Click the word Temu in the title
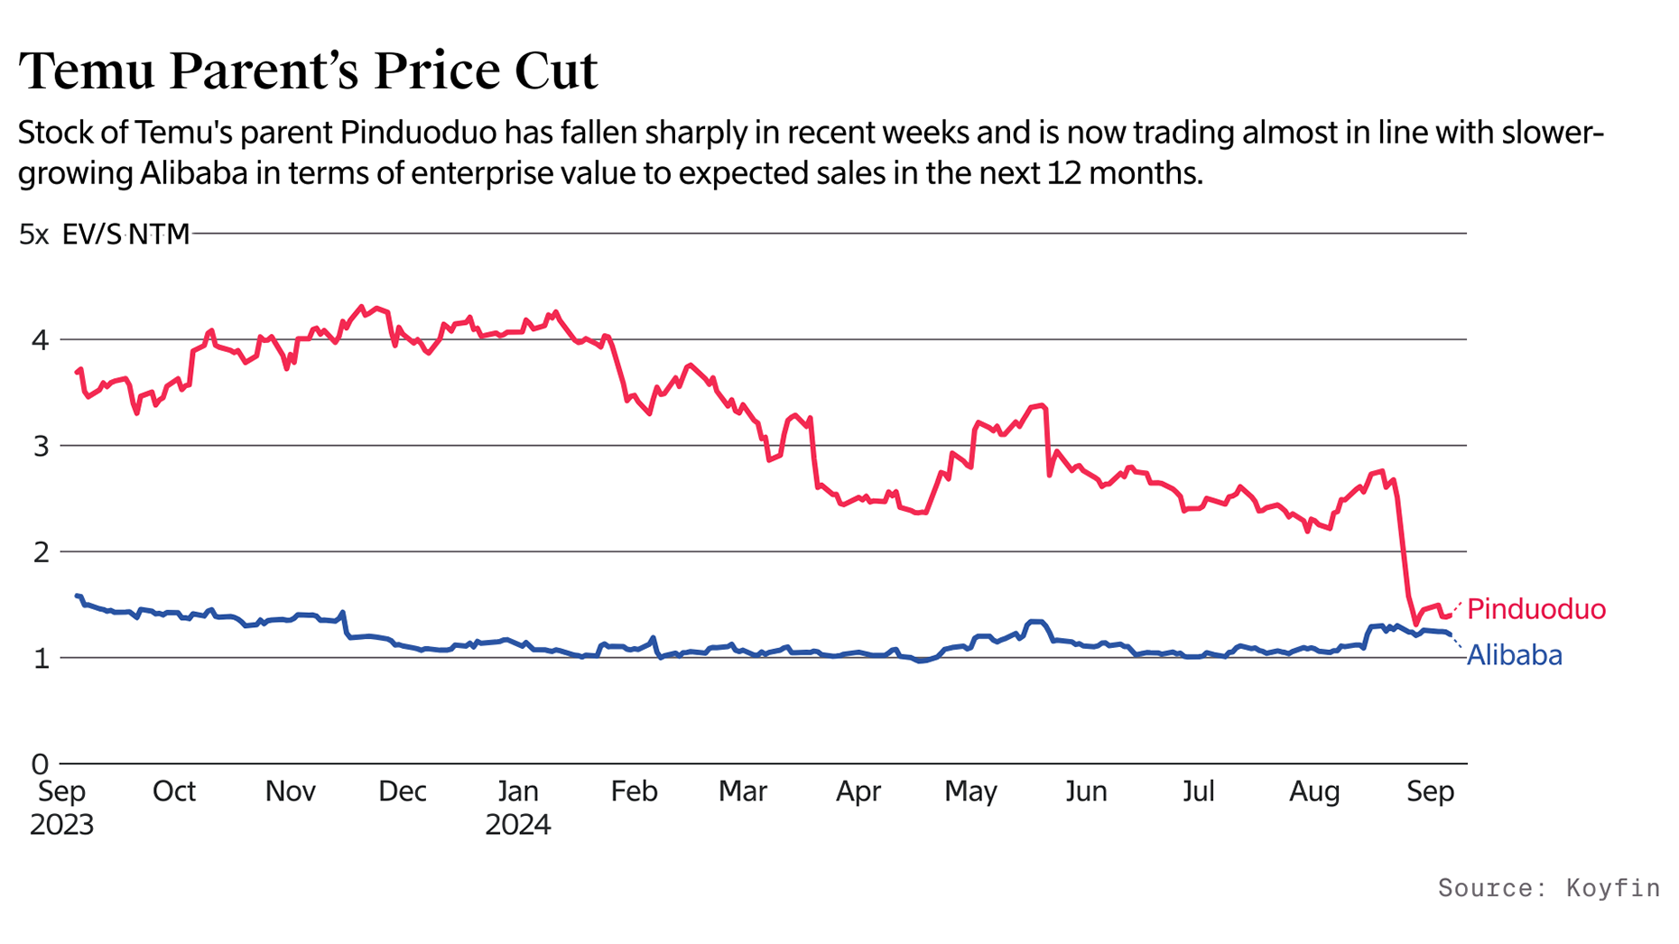(87, 70)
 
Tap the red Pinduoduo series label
(1535, 609)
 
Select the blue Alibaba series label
(1514, 655)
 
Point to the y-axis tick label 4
(40, 340)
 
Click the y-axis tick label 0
(40, 764)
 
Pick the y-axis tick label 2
(40, 552)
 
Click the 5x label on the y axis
(34, 235)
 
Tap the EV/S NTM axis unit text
(125, 235)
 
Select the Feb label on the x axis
(634, 791)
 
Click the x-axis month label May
(970, 791)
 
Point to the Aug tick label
(1313, 791)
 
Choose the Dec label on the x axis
(402, 791)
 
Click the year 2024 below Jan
(517, 825)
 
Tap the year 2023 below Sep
(61, 825)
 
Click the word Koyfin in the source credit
(1612, 888)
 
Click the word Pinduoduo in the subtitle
(418, 134)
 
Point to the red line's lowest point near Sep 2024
(1416, 624)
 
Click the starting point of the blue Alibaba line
(77, 596)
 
